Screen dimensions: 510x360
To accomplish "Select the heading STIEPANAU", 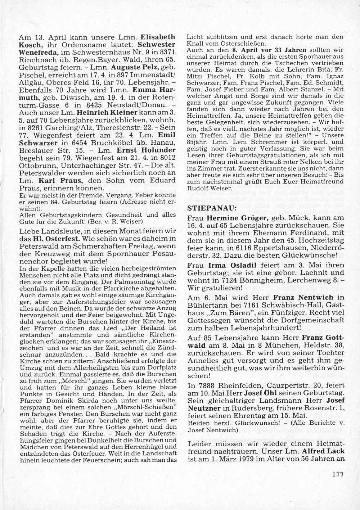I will click(x=207, y=208).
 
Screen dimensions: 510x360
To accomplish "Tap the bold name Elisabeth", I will click(x=158, y=37).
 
